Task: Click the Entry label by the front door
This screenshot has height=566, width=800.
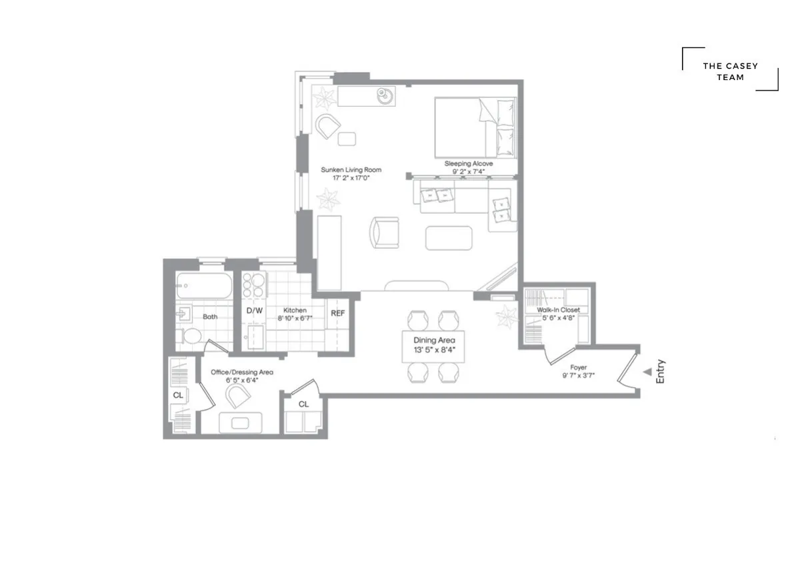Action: pos(661,372)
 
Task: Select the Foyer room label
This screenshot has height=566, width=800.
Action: pos(578,367)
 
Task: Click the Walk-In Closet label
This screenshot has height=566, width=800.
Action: pos(558,310)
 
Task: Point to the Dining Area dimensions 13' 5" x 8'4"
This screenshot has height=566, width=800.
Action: pos(433,349)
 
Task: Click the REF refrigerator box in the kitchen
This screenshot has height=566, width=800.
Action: pos(338,312)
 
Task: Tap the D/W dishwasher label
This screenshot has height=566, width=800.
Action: pos(254,310)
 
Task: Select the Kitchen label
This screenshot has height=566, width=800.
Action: pos(295,310)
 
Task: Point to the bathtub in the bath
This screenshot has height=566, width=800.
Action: pos(204,287)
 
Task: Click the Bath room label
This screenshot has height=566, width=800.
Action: pos(210,317)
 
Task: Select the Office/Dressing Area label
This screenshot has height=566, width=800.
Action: pos(242,372)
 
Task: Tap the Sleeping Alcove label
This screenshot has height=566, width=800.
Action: pos(469,164)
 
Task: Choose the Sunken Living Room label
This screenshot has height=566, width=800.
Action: pos(351,170)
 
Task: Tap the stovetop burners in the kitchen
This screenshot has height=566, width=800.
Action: pos(254,286)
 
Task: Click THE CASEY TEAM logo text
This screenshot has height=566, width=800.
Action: pos(730,71)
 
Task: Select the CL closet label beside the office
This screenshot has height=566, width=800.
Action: pos(178,395)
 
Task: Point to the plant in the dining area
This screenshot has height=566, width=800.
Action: pos(507,314)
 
